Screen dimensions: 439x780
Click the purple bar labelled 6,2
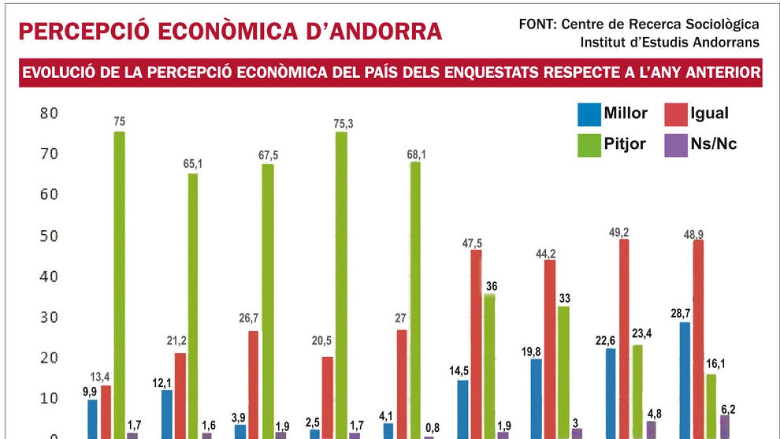pyautogui.click(x=725, y=426)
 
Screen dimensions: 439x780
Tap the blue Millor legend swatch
pyautogui.click(x=588, y=114)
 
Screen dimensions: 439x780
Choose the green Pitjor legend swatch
pyautogui.click(x=588, y=144)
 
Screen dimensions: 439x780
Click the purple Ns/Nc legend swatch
pyautogui.click(x=675, y=144)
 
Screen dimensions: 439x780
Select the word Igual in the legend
pyautogui.click(x=709, y=113)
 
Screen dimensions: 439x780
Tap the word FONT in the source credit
pyautogui.click(x=536, y=24)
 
